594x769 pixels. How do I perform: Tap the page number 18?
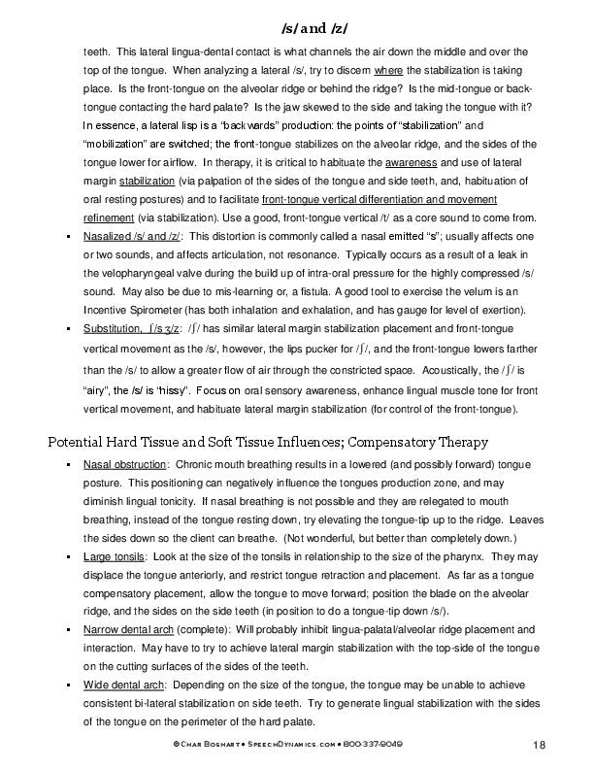tap(541, 745)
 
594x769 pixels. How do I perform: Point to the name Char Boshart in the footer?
tap(198, 744)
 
